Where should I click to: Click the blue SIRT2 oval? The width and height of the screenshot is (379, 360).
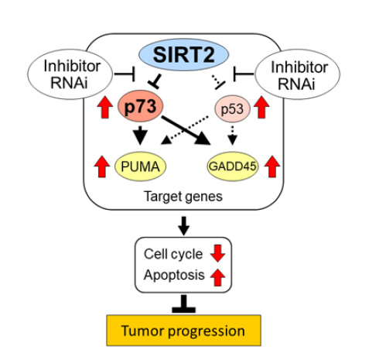point(183,54)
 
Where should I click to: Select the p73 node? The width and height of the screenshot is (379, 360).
point(141,106)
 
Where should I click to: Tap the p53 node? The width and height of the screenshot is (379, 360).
point(232,109)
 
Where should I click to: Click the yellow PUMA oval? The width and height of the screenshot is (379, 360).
point(140,166)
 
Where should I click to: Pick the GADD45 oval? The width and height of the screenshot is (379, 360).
point(233,166)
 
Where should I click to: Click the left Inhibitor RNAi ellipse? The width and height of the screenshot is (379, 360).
point(70,74)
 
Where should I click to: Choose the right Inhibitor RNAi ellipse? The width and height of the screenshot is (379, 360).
point(298,74)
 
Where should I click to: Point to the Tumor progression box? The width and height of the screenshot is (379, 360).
point(183,331)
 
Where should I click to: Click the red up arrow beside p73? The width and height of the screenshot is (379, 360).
point(105,107)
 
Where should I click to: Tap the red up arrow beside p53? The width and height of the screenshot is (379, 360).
point(261,107)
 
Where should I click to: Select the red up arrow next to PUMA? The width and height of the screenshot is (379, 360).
point(102,166)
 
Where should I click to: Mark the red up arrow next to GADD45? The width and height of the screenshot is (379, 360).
point(272,166)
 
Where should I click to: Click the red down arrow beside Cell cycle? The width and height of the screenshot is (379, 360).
point(217,253)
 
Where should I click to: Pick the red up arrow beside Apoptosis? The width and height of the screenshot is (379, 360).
point(217,277)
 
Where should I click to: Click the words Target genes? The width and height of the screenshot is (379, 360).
point(183,197)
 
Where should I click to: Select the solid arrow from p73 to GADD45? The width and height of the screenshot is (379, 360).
point(186,130)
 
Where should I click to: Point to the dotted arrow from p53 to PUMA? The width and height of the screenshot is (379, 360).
point(185,130)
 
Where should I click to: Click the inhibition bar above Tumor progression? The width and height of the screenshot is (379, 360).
point(183,303)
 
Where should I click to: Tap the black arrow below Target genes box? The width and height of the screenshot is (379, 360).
point(183,226)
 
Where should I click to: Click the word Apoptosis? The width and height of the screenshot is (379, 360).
point(174,275)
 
